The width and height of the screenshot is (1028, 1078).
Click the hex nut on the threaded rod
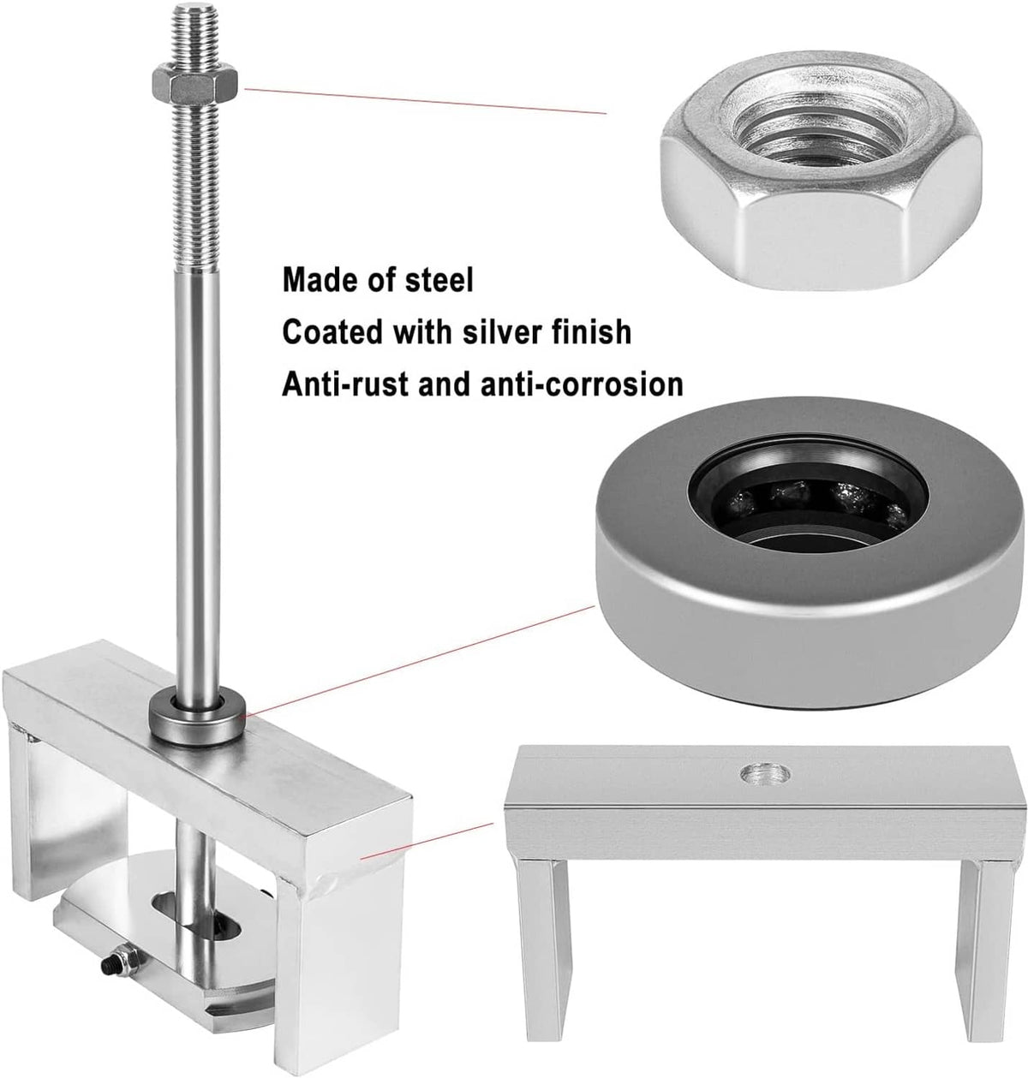click(x=194, y=84)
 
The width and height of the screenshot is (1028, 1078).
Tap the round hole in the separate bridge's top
click(x=765, y=774)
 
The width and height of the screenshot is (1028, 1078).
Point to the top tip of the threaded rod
click(x=194, y=4)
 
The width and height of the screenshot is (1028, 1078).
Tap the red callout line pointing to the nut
click(x=426, y=101)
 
